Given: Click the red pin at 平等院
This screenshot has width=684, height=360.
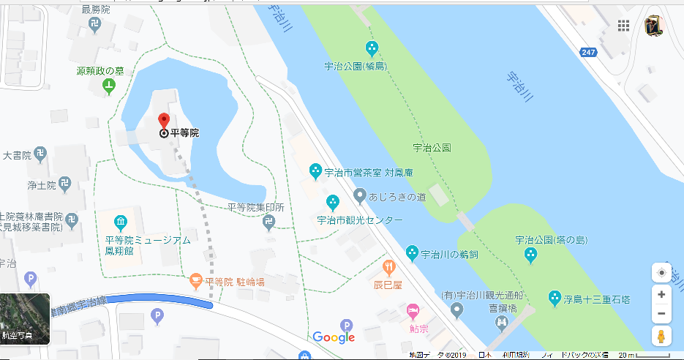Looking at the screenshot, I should tap(164, 121).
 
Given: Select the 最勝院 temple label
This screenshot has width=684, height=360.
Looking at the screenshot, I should tap(95, 9).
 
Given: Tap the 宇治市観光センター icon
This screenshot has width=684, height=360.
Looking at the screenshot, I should tap(333, 201).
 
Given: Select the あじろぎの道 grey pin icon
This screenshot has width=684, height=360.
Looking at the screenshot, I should tap(359, 195).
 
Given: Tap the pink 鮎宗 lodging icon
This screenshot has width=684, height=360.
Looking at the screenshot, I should tap(413, 312).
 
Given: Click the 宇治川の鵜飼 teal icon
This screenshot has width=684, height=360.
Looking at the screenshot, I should tap(413, 253).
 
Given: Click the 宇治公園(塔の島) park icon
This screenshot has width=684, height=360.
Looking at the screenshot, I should tap(531, 255).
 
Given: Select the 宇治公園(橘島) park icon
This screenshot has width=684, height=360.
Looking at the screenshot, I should tap(372, 50).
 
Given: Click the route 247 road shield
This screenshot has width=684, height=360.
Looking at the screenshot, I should tap(588, 52).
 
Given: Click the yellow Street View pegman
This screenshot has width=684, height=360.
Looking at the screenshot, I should tap(661, 337).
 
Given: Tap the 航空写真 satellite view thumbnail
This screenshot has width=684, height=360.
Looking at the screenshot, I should tap(25, 319).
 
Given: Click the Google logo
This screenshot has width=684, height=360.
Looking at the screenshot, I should tap(334, 337).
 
